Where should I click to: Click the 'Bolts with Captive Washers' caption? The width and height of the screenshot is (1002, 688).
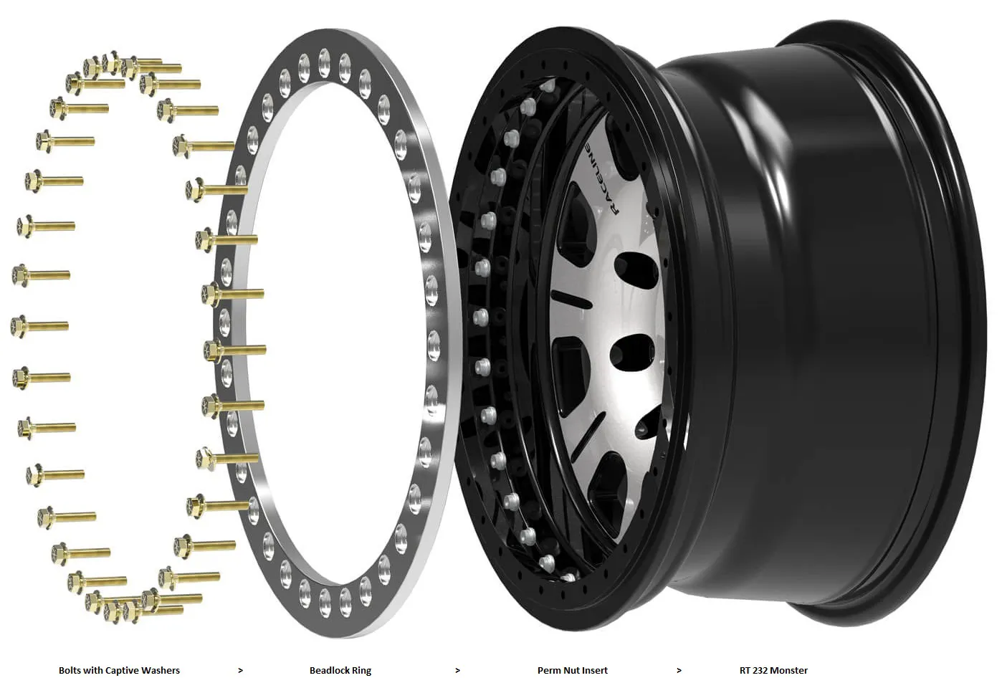click(119, 670)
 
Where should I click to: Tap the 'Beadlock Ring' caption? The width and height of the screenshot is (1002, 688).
click(340, 671)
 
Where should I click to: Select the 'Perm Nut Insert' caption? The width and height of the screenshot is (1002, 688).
click(573, 670)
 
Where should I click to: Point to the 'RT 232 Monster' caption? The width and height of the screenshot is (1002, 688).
click(773, 670)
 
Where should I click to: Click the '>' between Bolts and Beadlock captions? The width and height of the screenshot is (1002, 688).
click(241, 671)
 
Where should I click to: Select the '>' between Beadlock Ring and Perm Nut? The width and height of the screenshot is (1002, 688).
click(457, 671)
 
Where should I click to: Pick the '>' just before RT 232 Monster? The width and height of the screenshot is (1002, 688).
click(679, 671)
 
